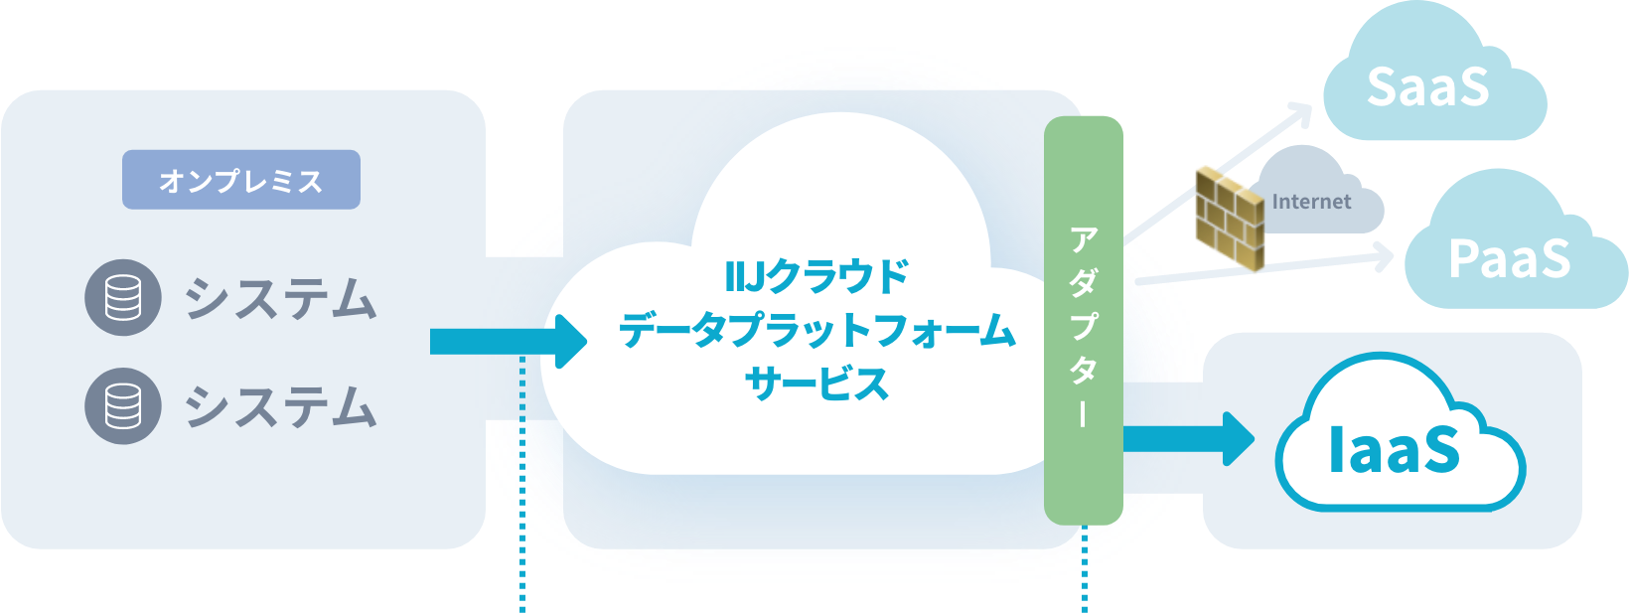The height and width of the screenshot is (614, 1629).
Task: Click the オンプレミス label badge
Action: tap(240, 180)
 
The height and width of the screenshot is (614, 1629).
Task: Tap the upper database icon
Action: tap(123, 297)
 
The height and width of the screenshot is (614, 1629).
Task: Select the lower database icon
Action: tap(123, 405)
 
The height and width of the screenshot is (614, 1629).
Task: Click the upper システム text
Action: tap(281, 298)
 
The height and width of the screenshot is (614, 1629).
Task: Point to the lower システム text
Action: tap(281, 406)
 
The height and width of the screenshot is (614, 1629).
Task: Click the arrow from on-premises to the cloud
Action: tap(507, 342)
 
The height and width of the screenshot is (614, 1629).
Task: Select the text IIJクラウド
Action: tap(816, 276)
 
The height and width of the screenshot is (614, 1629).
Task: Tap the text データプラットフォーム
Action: tap(816, 330)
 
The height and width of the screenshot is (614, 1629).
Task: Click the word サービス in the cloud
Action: tap(816, 384)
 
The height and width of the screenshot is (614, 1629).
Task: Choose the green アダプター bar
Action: tap(1084, 320)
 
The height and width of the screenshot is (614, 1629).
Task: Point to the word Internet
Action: tap(1311, 202)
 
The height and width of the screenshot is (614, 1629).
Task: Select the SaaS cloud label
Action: tap(1427, 87)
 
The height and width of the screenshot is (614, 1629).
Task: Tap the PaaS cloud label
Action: tap(1509, 259)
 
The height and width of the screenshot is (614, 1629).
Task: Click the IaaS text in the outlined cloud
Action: tap(1395, 449)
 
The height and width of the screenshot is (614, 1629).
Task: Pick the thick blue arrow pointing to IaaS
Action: tap(1188, 438)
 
